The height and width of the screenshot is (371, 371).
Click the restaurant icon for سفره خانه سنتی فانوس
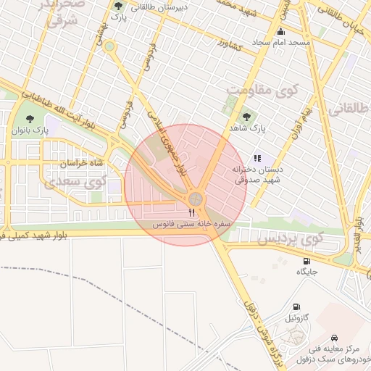[x=191, y=212]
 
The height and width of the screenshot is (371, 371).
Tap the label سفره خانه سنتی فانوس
[x=191, y=225]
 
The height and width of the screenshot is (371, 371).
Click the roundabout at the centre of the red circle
[x=195, y=198]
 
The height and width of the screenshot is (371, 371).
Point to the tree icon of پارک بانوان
[x=30, y=117]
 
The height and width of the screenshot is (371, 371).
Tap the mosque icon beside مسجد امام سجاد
[x=281, y=32]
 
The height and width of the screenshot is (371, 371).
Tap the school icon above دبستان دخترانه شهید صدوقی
[x=257, y=158]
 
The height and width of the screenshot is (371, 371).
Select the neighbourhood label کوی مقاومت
[x=258, y=91]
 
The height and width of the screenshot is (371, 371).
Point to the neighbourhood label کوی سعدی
[x=72, y=181]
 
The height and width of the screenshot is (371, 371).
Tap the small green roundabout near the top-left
[x=109, y=46]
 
